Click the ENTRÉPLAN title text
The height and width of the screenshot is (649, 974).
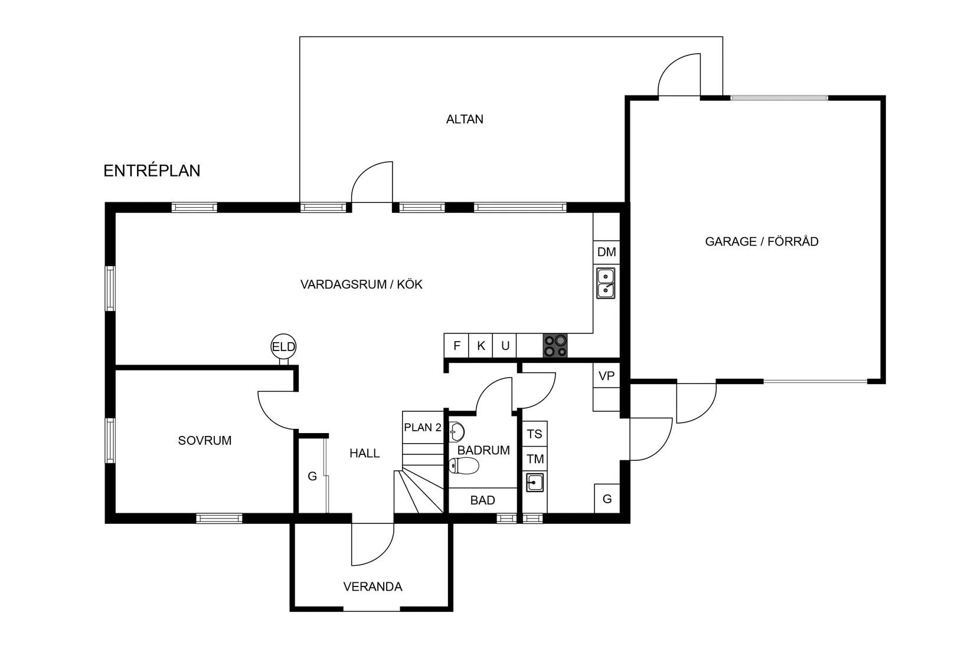point(152,171)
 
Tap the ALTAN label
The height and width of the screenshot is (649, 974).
point(465,119)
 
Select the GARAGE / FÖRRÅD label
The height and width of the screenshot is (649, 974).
point(761,241)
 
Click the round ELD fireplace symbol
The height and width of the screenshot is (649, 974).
point(283,347)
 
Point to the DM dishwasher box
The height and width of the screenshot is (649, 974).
point(606,252)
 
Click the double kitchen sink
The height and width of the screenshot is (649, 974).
point(606,283)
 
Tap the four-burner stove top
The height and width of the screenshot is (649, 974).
point(555,346)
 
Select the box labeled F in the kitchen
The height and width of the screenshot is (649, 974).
point(456,346)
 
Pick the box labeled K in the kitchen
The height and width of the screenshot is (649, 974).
point(481,346)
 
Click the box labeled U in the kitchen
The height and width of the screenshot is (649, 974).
point(505,346)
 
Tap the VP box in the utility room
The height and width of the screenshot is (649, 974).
point(606,376)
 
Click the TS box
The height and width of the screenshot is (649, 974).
point(535,434)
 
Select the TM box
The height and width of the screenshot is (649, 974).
point(535,458)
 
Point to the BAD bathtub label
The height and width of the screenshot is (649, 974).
point(482,500)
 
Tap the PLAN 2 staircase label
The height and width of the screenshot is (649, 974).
point(423,427)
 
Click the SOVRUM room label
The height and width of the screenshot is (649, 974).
point(205,440)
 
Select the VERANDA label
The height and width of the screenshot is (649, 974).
point(372,586)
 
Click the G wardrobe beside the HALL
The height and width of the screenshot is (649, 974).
point(312,476)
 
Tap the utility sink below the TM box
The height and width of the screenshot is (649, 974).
point(535,483)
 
